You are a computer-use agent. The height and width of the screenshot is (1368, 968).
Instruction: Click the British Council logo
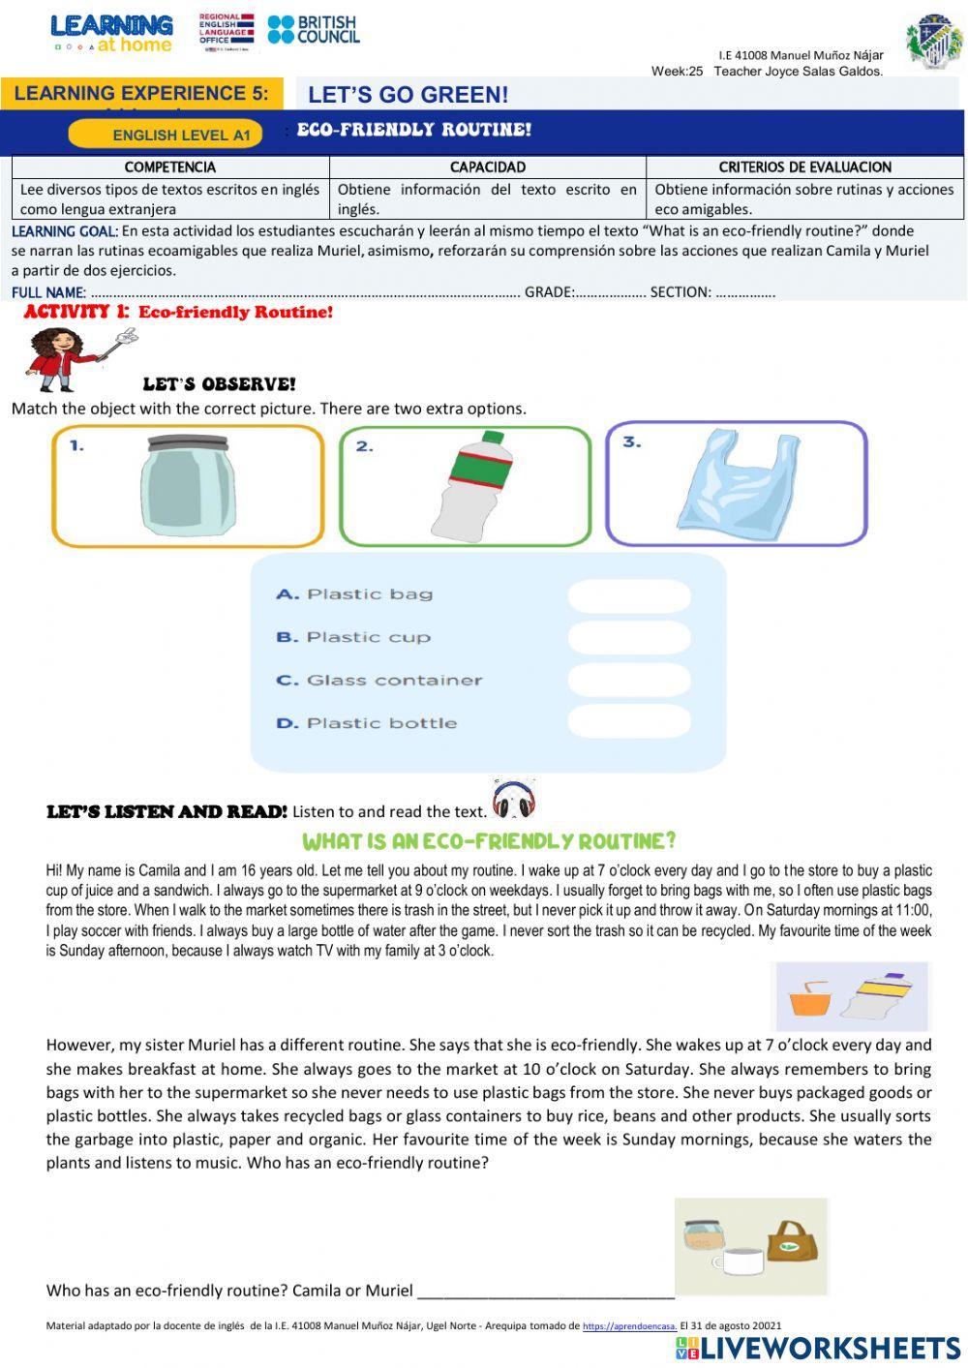[x=313, y=30]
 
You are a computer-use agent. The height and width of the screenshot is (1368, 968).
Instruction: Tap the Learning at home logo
[x=111, y=33]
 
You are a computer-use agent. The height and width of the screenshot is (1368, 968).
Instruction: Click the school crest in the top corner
[x=933, y=41]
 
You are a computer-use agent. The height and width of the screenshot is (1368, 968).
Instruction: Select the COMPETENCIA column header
[x=170, y=167]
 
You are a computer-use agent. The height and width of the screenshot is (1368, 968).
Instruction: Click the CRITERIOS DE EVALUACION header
[x=804, y=167]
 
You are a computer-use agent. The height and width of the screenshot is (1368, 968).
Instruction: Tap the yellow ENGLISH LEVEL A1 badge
[x=166, y=135]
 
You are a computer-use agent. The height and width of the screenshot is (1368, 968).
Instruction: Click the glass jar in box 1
[x=188, y=486]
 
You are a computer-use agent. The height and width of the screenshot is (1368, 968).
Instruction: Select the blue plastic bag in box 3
[x=738, y=484]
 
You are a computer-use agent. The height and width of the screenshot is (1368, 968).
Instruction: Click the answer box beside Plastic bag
[x=629, y=595]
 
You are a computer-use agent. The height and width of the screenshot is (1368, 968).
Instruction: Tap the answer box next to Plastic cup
[x=629, y=638]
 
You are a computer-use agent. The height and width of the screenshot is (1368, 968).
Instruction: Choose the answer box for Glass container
[x=629, y=681]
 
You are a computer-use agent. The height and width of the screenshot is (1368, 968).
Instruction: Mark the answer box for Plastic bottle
[x=629, y=722]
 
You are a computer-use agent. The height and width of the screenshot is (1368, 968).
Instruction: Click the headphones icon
[x=513, y=800]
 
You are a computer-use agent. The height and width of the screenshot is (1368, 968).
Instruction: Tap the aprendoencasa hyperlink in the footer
[x=629, y=1326]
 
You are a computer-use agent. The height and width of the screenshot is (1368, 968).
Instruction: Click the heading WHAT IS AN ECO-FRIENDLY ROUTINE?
[x=489, y=841]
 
